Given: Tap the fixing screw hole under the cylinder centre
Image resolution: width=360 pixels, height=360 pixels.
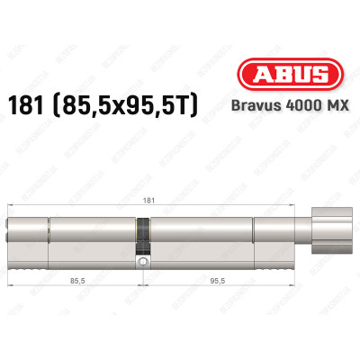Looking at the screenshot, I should coord(141,261).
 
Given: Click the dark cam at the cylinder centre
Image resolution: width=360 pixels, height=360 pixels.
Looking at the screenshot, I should coord(141,238).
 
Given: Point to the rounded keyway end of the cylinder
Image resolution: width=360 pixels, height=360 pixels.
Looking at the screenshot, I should coord(12,238).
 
